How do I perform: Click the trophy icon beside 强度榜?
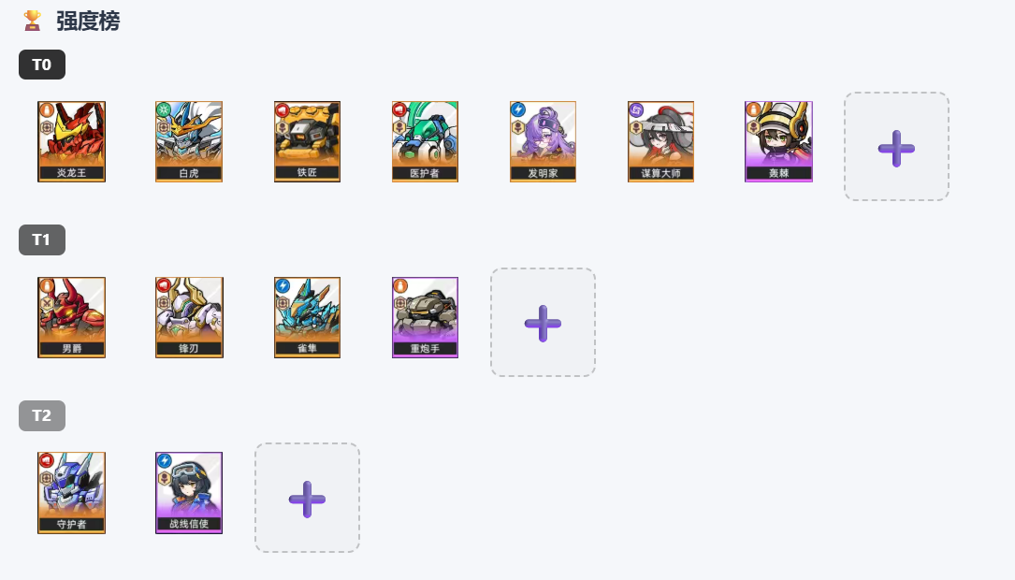point(33,21)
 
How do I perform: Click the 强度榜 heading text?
point(88,22)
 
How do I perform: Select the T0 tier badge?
point(42,65)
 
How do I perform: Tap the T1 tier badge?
point(42,240)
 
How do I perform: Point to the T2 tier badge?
point(42,415)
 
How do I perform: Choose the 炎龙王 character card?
point(71,142)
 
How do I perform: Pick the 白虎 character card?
point(189,142)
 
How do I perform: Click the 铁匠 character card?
point(307,142)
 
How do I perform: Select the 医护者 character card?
point(425,142)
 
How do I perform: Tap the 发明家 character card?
point(543,142)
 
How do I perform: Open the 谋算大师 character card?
point(660,142)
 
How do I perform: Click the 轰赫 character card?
point(778,142)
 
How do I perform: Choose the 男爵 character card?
point(71,317)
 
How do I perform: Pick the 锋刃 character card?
point(189,317)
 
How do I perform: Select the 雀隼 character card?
point(307,317)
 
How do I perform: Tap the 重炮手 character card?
point(425,317)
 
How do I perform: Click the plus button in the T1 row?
point(543,323)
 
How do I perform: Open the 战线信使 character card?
point(189,493)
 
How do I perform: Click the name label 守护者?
point(71,524)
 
